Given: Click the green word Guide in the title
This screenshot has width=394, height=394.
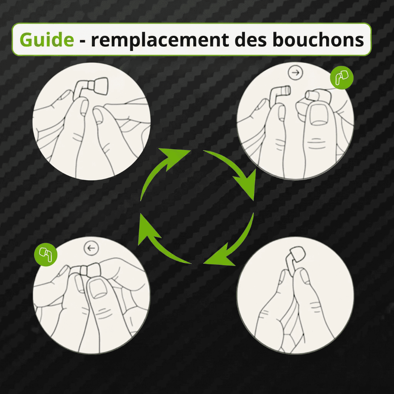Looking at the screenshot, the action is (x=47, y=39).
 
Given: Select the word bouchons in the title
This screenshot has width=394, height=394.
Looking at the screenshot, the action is (x=318, y=39).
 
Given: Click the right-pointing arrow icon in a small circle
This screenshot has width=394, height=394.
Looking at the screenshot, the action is (x=295, y=73).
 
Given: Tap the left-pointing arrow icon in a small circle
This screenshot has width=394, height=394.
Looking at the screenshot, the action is (x=91, y=248).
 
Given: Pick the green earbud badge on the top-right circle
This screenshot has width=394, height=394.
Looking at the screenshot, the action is (x=342, y=78).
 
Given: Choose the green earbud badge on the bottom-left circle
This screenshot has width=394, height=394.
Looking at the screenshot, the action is (x=46, y=255).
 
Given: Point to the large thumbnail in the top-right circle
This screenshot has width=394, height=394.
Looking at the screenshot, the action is (x=319, y=115).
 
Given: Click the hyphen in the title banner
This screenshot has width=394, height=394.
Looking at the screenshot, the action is (x=82, y=41).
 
